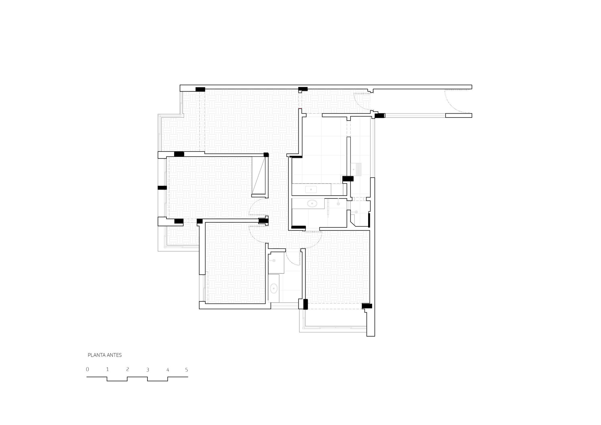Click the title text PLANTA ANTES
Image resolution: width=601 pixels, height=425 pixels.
105,355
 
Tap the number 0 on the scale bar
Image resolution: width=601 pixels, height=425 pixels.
87,369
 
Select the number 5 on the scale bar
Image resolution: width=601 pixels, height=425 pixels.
187,370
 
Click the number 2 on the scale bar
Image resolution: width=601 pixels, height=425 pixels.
127,369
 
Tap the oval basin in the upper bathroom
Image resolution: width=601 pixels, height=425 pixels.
312,203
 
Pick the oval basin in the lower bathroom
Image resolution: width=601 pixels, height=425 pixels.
274,289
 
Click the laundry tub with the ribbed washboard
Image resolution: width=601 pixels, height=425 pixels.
358,168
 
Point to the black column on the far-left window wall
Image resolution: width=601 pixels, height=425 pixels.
162,188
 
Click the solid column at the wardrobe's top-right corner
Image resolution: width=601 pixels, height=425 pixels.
266,155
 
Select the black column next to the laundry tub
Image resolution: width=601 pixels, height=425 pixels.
348,179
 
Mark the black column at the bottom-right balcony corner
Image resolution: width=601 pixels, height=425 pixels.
367,306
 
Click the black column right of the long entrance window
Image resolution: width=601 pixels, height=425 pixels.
380,115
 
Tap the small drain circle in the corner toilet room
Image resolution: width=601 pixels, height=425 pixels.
356,212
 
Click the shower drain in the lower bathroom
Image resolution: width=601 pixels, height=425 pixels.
274,261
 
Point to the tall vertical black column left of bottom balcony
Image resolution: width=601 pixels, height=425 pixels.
305,304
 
